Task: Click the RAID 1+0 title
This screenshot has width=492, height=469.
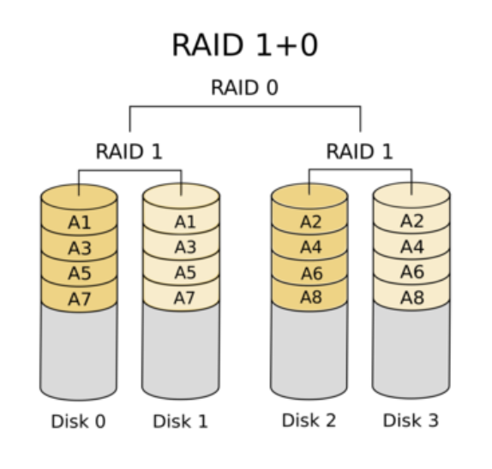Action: pos(245,45)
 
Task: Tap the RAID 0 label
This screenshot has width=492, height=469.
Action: pos(245,87)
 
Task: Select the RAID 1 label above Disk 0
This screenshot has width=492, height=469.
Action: pos(129,151)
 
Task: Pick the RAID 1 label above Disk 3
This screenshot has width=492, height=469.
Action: pos(360,151)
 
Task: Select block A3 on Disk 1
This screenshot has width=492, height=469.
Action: pos(181,246)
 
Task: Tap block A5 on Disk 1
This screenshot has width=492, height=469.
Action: pos(181,272)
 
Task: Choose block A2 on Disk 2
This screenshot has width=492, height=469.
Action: pos(310,222)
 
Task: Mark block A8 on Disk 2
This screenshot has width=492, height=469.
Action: pos(310,297)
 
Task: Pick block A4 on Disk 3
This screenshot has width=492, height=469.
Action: pos(411,246)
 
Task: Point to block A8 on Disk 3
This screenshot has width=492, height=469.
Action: pos(411,297)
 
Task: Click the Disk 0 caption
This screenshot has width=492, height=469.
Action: pos(78,421)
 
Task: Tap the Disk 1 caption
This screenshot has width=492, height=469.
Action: pos(180,421)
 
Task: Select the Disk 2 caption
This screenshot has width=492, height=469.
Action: pos(309,420)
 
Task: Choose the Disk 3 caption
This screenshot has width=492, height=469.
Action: pos(411,420)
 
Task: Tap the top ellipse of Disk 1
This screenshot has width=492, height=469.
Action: pos(181,196)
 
